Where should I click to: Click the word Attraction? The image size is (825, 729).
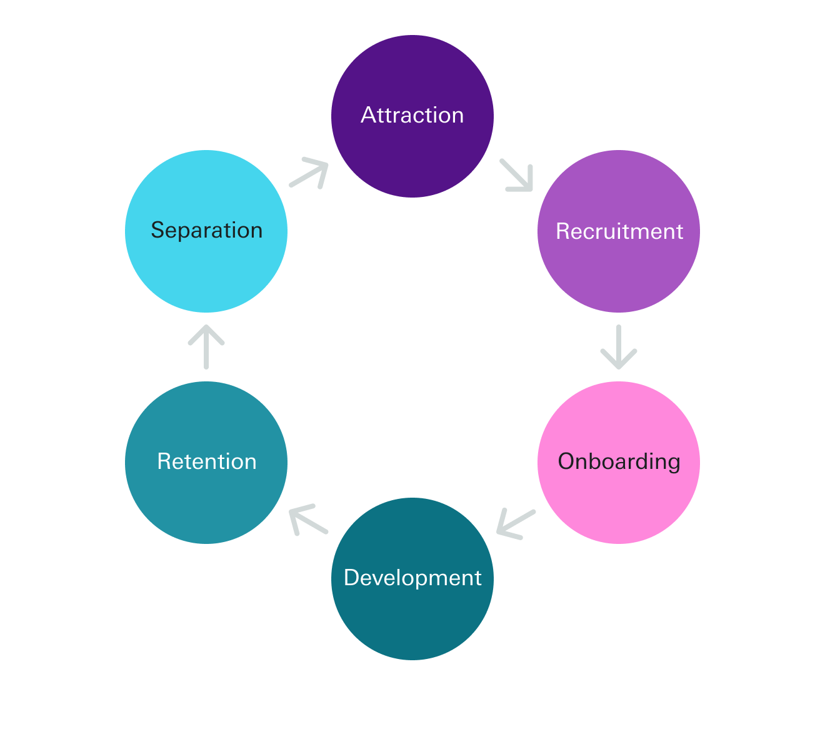tap(412, 116)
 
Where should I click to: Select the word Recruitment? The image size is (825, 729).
tap(619, 231)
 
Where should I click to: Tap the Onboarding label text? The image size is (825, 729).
tap(619, 462)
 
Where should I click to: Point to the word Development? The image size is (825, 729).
tap(412, 578)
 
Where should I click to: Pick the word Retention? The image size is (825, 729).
tap(206, 462)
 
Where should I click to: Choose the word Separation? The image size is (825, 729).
tap(206, 231)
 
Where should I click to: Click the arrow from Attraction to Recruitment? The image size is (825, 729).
tap(516, 175)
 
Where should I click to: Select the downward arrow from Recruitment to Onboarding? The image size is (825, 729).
tap(619, 347)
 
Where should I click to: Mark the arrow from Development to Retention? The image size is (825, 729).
tap(309, 520)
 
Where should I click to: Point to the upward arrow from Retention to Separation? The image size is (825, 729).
tap(206, 346)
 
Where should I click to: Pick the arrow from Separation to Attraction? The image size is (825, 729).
tap(309, 174)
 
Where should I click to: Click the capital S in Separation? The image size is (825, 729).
tap(157, 231)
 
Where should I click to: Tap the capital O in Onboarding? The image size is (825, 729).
tap(566, 462)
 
